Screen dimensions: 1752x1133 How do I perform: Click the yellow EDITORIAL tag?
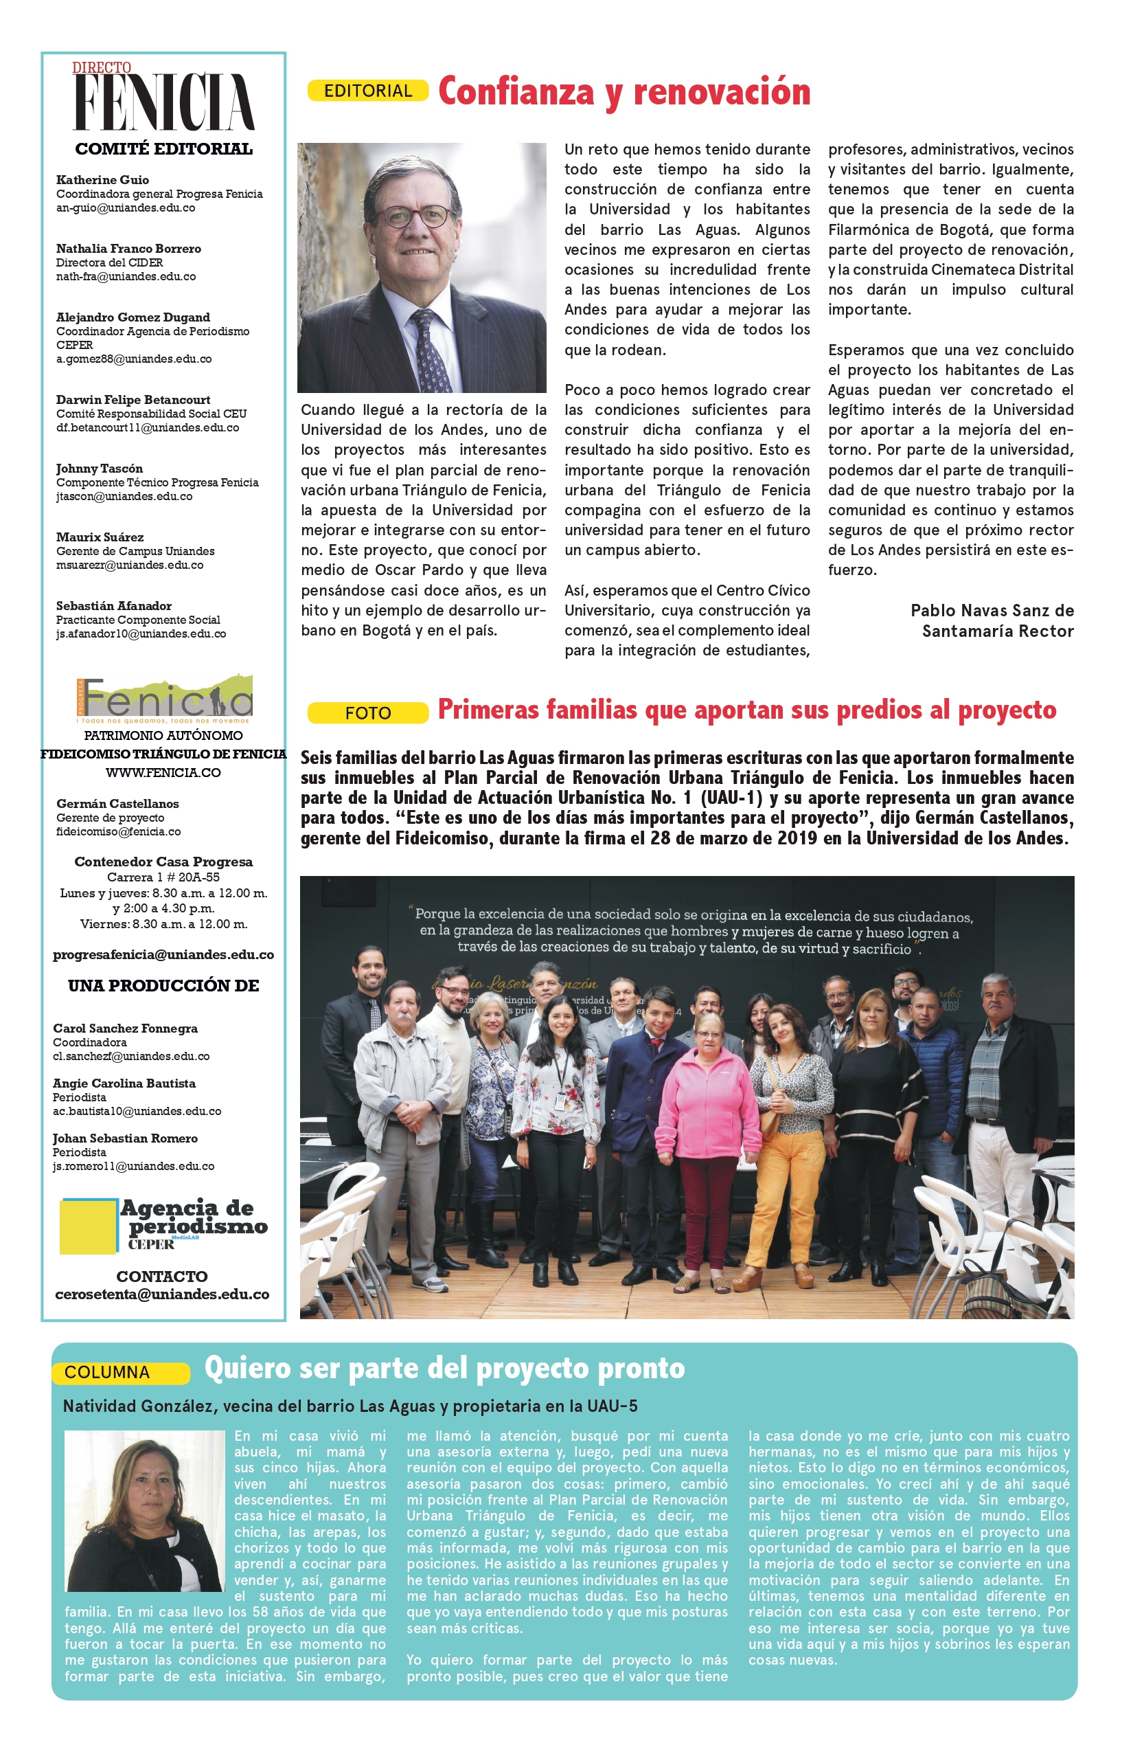(x=368, y=91)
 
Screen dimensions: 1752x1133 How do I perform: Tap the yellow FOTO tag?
(x=368, y=712)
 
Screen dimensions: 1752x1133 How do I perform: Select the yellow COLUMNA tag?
(x=120, y=1372)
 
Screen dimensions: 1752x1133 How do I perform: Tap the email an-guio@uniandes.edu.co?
(x=126, y=208)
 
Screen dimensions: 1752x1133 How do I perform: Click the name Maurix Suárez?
(x=100, y=537)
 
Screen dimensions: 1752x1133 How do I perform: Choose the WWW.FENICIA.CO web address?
(x=163, y=773)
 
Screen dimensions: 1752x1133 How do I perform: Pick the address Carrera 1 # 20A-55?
(x=163, y=877)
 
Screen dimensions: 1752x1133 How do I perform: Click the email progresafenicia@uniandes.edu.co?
(x=163, y=955)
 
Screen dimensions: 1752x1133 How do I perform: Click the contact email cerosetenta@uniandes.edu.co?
(x=163, y=1294)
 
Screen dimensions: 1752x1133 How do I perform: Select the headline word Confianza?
(x=516, y=91)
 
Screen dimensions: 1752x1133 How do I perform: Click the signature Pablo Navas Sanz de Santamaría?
(x=992, y=620)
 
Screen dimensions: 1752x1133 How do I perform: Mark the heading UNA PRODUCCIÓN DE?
(x=163, y=986)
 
